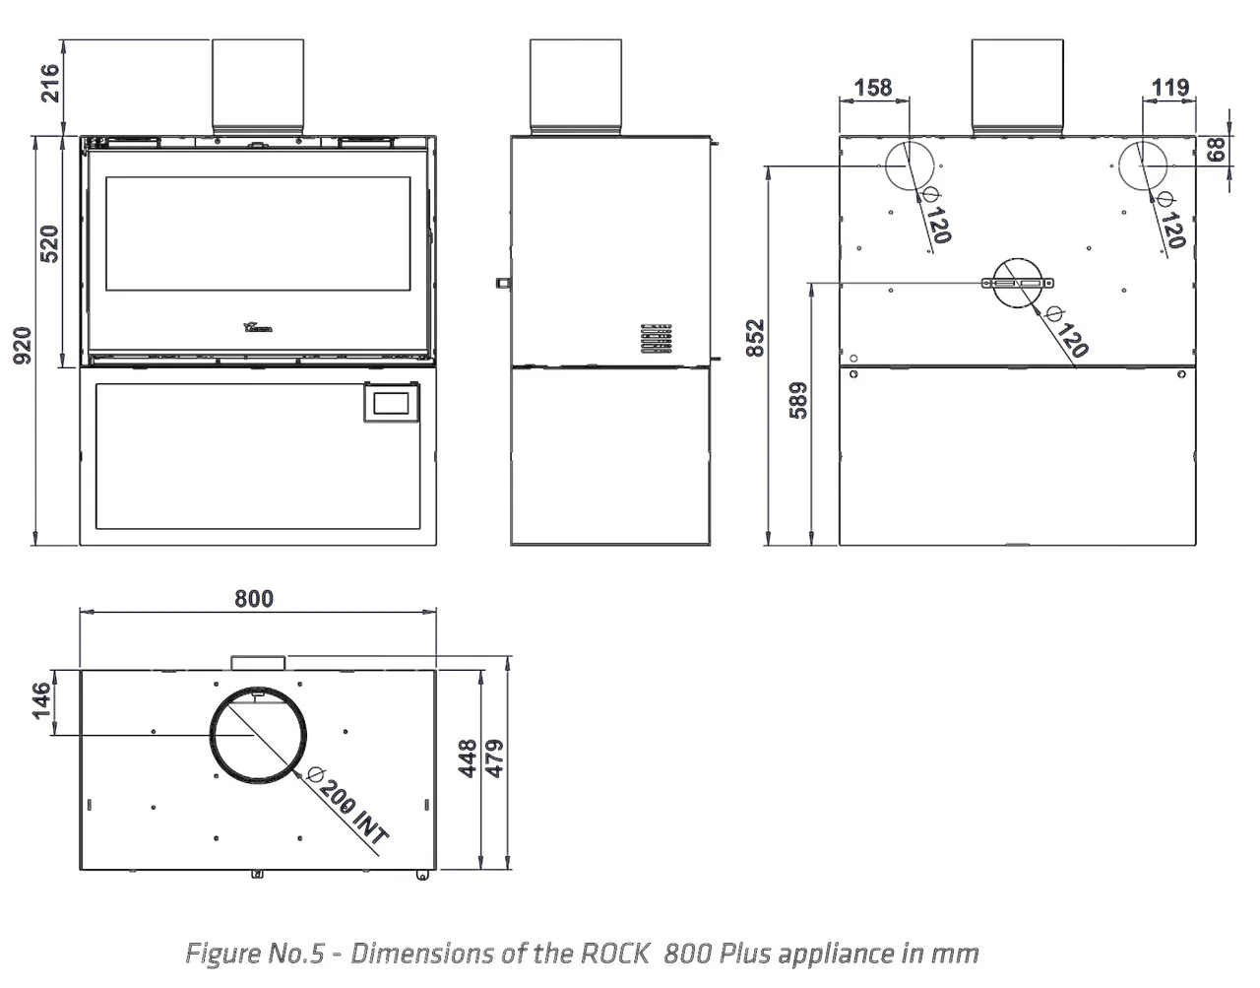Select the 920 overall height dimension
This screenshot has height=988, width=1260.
pyautogui.click(x=22, y=345)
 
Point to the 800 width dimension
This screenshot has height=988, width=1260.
pyautogui.click(x=254, y=599)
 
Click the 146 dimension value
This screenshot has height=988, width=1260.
pyautogui.click(x=41, y=701)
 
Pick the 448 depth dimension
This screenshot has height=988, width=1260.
pyautogui.click(x=470, y=758)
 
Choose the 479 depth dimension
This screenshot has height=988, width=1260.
pyautogui.click(x=495, y=758)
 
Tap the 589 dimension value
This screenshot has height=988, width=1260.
pyautogui.click(x=798, y=401)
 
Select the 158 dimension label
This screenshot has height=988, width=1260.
pyautogui.click(x=872, y=88)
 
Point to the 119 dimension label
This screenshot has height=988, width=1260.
pyautogui.click(x=1170, y=88)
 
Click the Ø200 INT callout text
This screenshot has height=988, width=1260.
pyautogui.click(x=347, y=805)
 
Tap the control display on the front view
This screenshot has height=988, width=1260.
pyautogui.click(x=394, y=402)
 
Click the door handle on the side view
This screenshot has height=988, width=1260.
pyautogui.click(x=503, y=283)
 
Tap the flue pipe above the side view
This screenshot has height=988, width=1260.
pyautogui.click(x=576, y=87)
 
